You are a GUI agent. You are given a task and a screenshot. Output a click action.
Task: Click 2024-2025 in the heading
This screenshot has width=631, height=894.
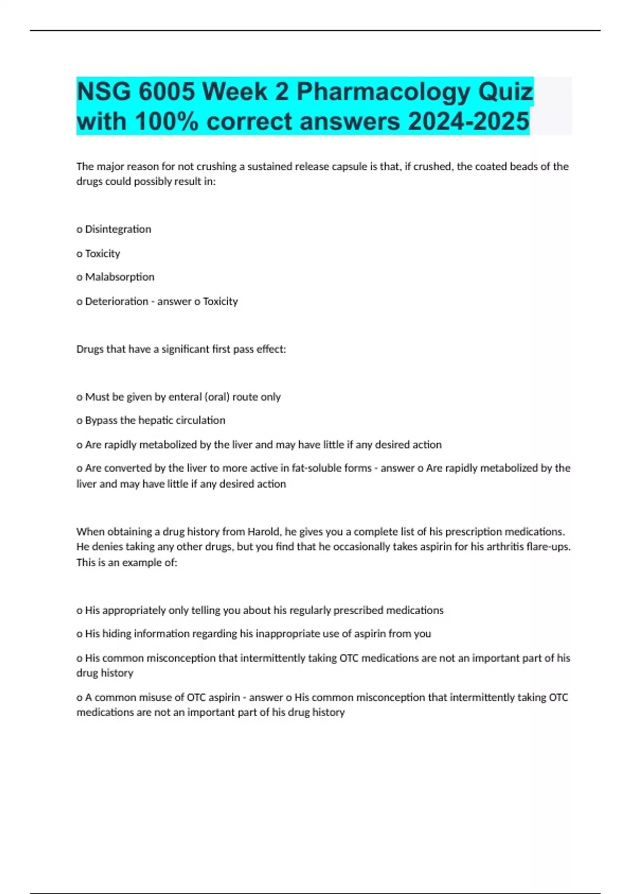coord(469,121)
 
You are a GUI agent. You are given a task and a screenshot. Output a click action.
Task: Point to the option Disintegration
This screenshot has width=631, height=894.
coord(118,229)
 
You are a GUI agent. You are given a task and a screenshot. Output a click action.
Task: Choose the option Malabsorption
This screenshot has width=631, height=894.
coord(119,277)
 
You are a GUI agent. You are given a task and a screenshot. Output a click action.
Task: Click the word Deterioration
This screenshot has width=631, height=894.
coord(116,301)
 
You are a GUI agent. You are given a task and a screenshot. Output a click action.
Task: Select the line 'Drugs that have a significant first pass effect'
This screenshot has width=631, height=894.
coord(181,349)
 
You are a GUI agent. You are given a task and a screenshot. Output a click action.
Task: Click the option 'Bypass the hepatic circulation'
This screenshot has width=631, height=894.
coord(155,420)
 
